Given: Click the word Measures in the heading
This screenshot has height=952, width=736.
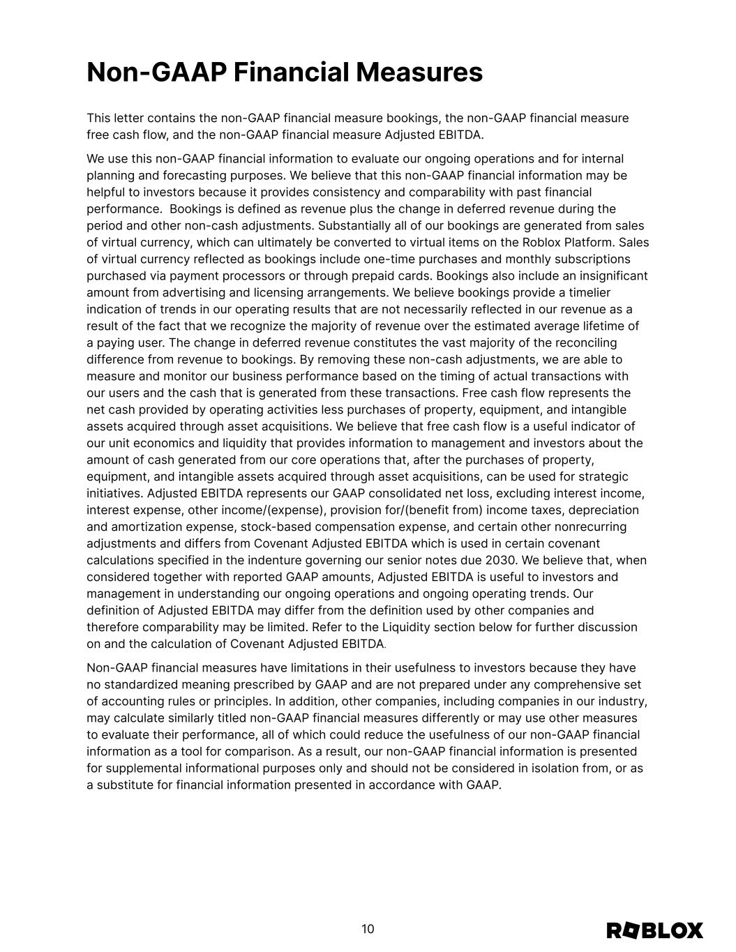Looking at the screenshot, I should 419,73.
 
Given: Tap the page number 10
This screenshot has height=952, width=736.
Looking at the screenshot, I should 368,929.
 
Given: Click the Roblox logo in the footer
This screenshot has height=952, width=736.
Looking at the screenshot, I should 654,930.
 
